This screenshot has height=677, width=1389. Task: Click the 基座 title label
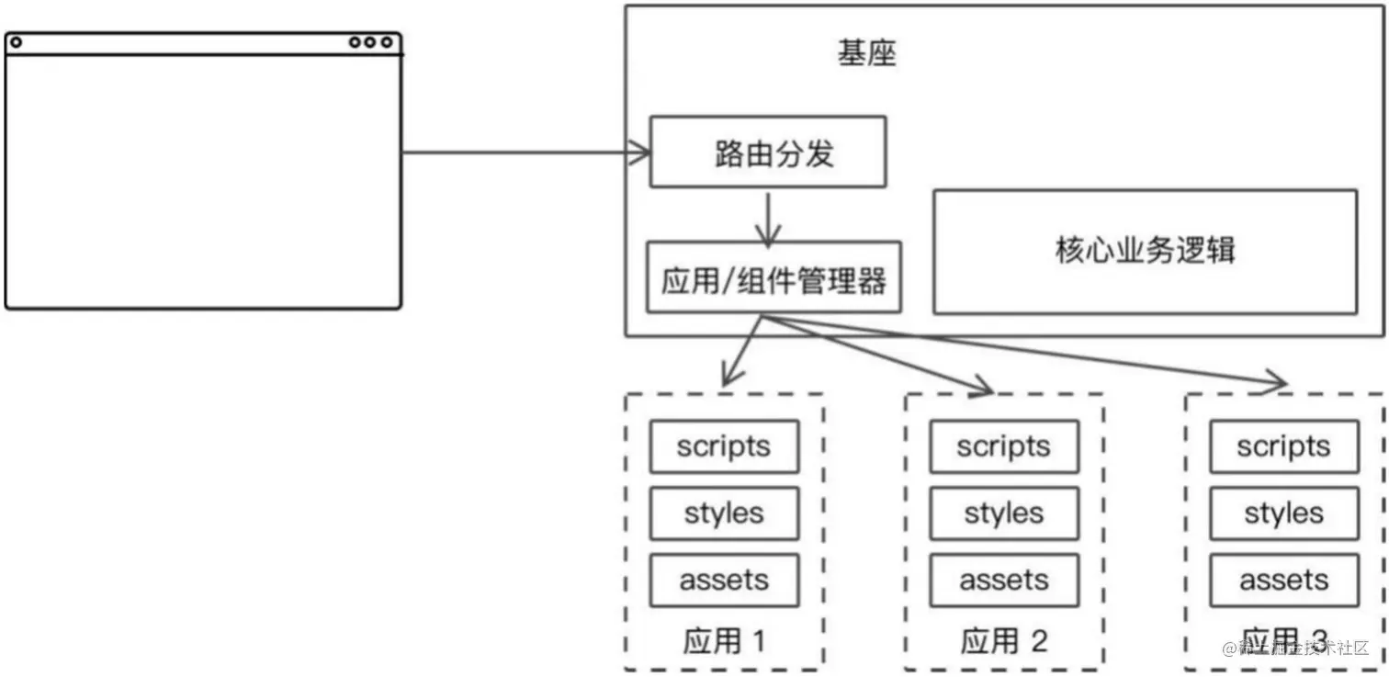tap(865, 53)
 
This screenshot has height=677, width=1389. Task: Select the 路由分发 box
tap(768, 152)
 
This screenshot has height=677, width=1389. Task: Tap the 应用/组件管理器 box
tap(774, 278)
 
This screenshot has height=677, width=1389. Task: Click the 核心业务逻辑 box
tap(1145, 252)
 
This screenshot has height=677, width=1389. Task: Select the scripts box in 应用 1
tap(724, 446)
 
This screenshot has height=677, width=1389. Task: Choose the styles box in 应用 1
tap(724, 513)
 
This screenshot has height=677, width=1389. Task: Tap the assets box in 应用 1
tap(724, 581)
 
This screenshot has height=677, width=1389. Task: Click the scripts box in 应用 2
tap(1003, 446)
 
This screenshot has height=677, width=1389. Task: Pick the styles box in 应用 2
tap(1003, 513)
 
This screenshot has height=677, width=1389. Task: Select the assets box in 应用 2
tap(1003, 581)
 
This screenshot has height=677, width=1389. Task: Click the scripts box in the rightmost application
tap(1283, 446)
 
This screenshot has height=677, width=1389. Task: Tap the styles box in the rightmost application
tap(1283, 513)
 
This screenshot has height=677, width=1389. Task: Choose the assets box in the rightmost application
tap(1283, 581)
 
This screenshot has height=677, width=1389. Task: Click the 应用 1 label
tap(723, 640)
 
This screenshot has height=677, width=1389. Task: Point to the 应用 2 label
tap(1003, 640)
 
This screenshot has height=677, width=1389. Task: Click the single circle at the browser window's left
tap(16, 42)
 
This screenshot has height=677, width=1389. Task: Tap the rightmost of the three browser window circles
tap(388, 42)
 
